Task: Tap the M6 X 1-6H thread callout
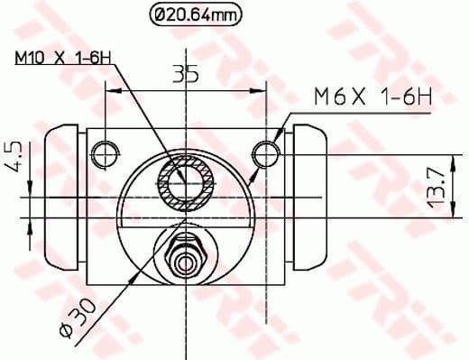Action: (371, 94)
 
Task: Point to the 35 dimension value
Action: (186, 75)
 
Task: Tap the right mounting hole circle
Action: (264, 154)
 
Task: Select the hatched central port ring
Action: (186, 185)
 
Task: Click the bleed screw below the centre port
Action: (186, 254)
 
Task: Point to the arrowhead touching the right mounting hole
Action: (275, 141)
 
